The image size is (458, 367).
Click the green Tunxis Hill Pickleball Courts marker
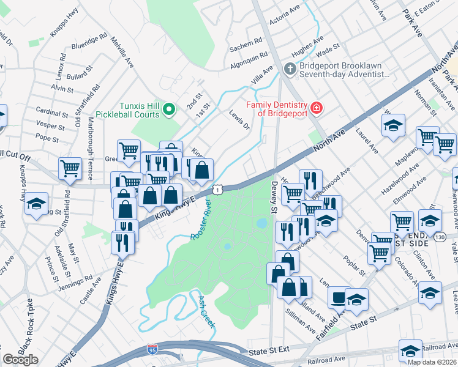tap(170, 110)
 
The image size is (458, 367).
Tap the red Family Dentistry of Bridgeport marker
tap(316, 108)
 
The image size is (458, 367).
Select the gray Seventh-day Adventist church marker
tap(290, 68)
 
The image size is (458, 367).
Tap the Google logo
tap(20, 360)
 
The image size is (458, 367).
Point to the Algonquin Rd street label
tap(248, 54)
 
